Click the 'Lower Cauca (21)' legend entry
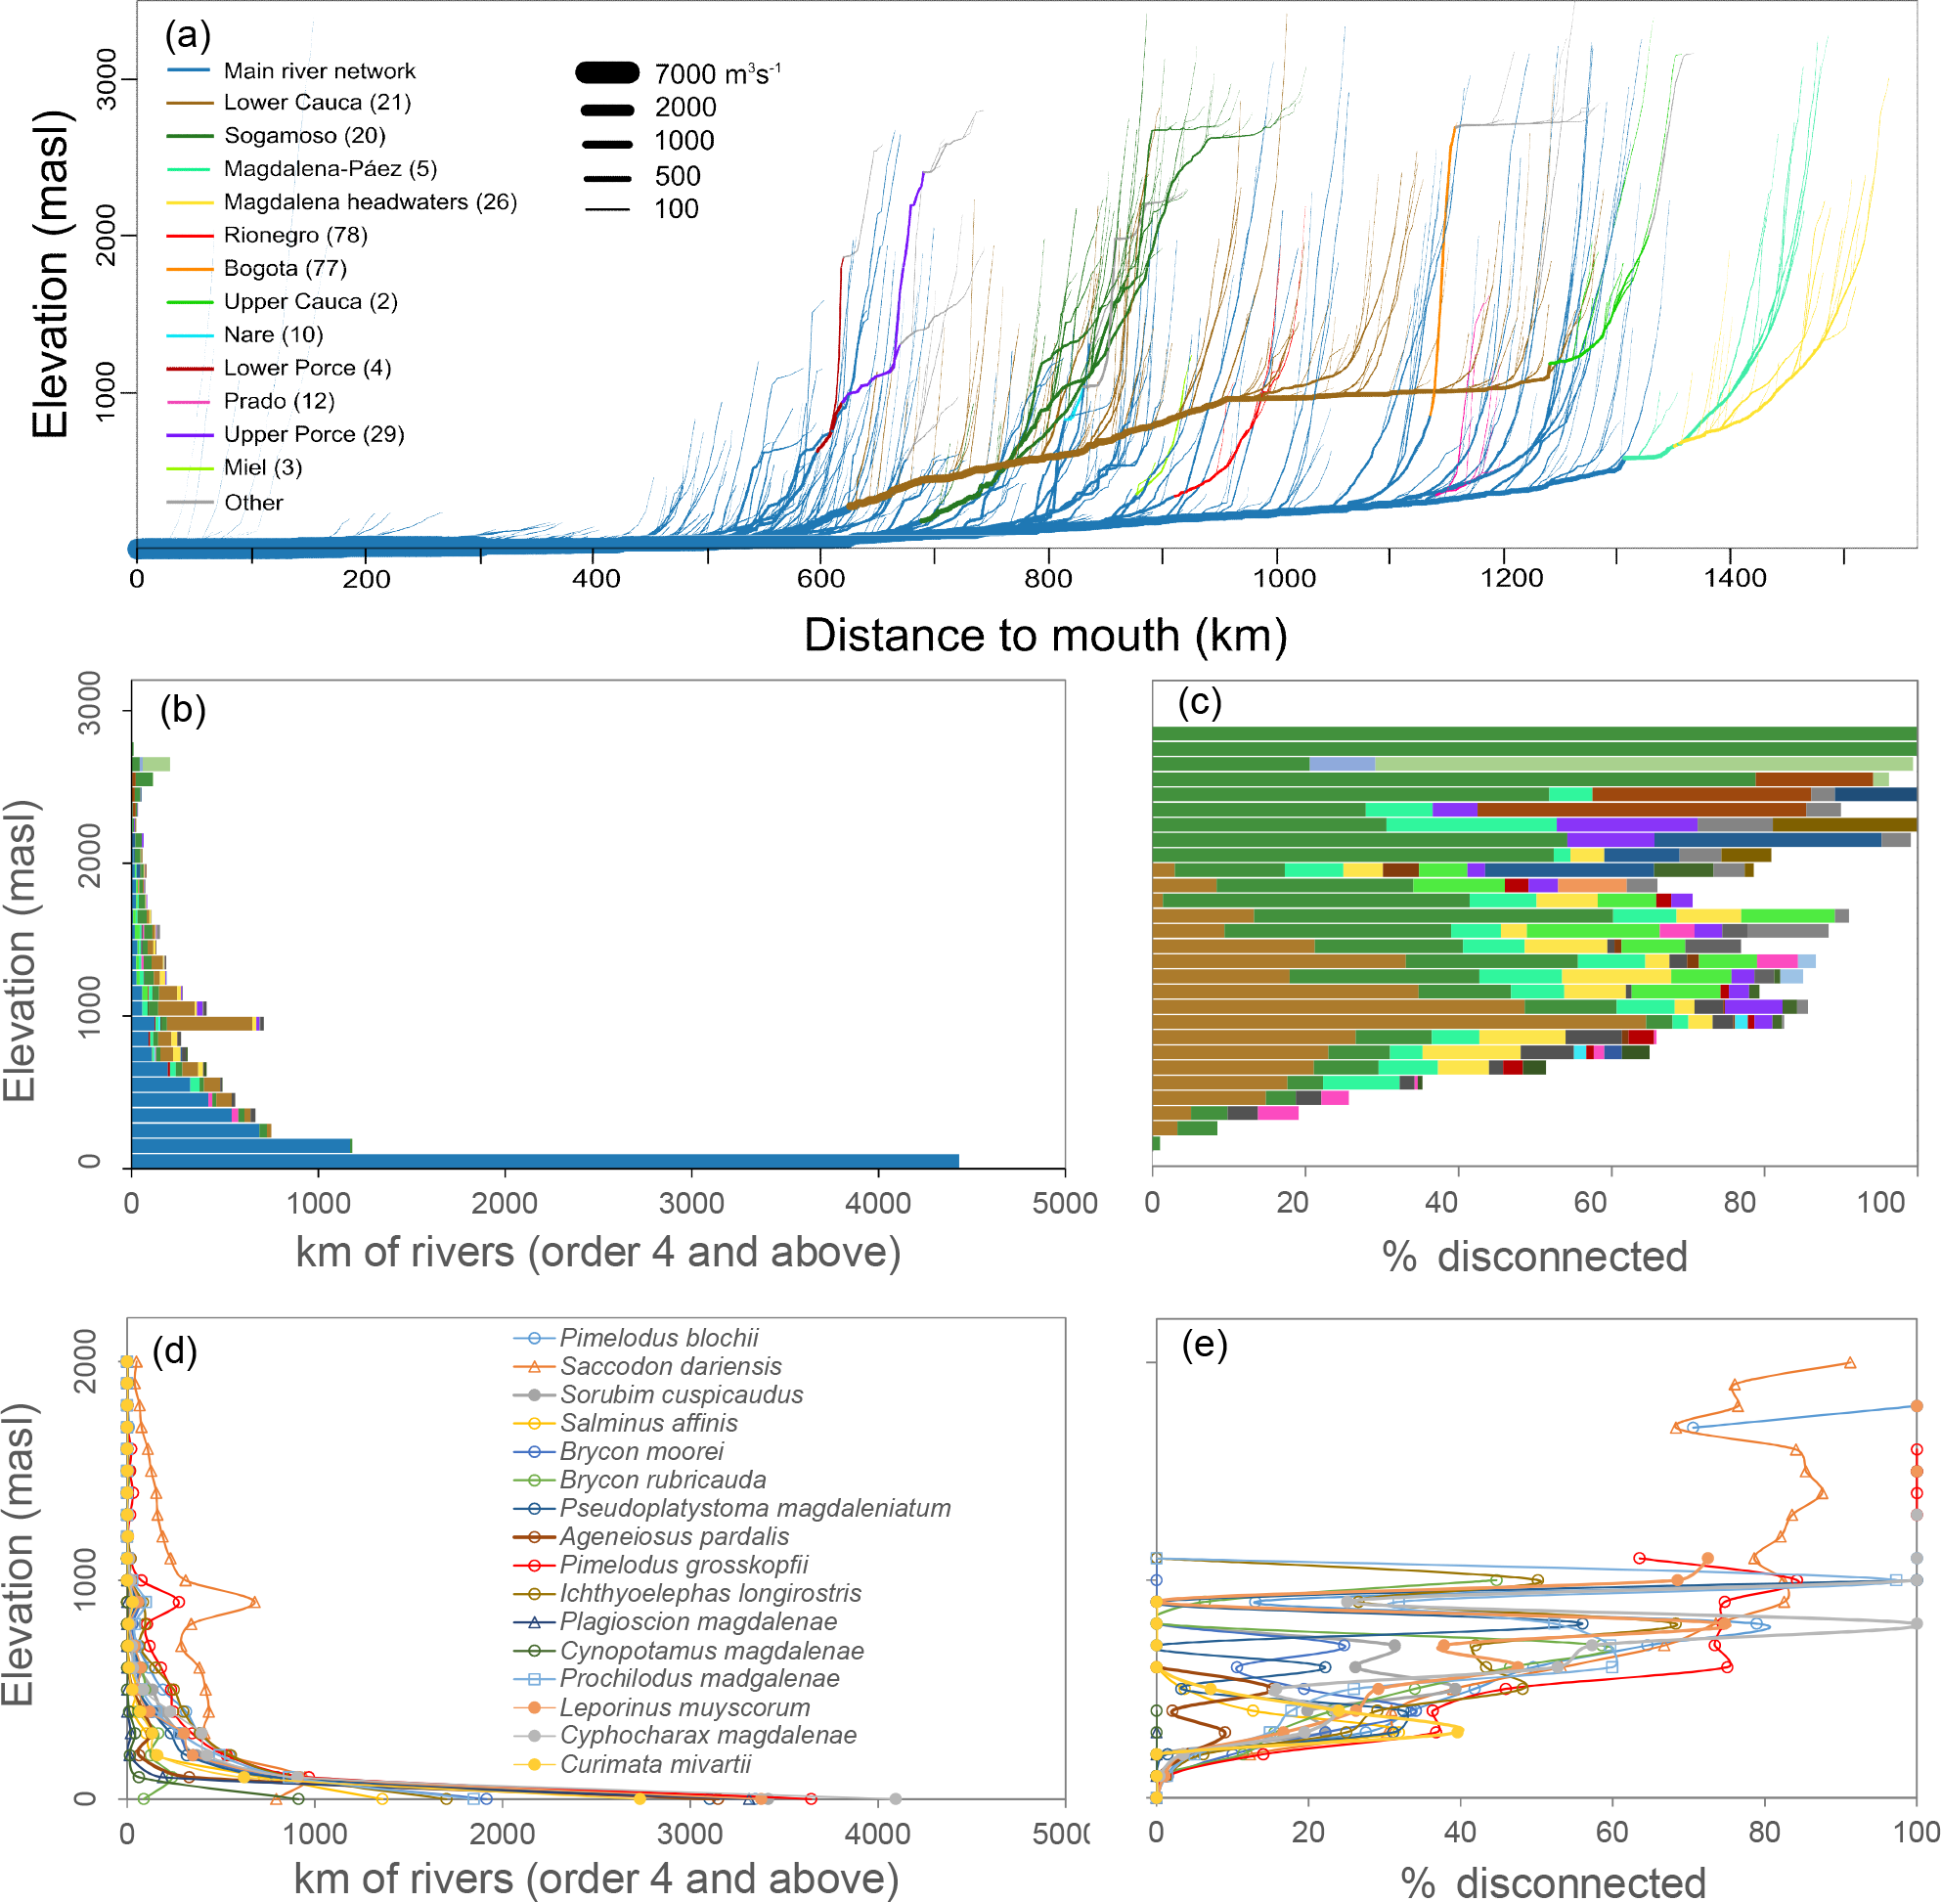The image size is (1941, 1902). coord(317,103)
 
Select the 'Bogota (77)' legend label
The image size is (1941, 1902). coord(285,269)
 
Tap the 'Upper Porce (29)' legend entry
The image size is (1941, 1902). coord(314,434)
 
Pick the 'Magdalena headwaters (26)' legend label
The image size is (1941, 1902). coord(370,201)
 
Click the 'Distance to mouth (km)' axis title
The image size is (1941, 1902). coord(1045,636)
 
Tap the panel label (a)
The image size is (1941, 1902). coord(188,36)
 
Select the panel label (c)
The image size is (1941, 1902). coord(1199,702)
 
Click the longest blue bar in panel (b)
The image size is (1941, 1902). coord(545,1161)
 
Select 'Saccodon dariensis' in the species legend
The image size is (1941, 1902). coord(671,1366)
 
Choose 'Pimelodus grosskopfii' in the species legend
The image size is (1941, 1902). coord(684,1566)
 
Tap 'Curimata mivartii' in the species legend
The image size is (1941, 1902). coord(655,1764)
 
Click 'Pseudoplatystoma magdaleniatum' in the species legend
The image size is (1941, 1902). coord(754,1509)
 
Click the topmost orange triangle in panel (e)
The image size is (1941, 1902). coord(1850,1362)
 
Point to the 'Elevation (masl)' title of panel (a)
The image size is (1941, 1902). coord(50,275)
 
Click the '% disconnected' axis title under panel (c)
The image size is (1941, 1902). coord(1534,1257)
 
